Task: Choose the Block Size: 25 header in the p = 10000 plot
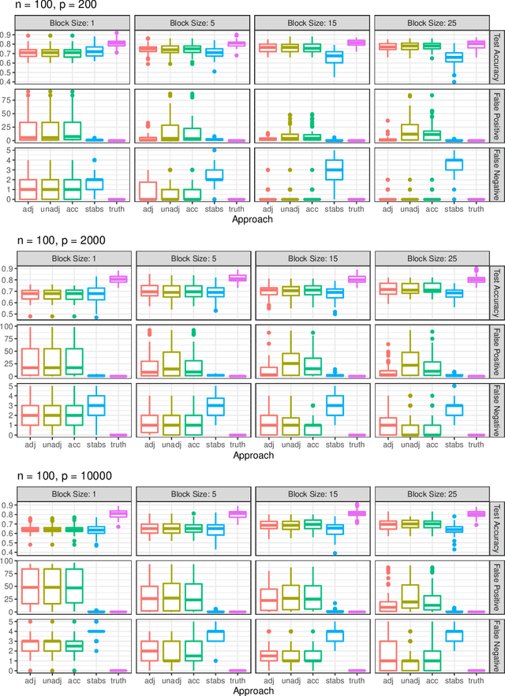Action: coord(431,490)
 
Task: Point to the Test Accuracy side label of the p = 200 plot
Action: coord(495,56)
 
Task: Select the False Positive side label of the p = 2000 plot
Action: coord(495,349)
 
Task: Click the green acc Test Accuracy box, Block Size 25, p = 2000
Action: coord(432,288)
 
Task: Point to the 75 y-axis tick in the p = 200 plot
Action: coord(11,100)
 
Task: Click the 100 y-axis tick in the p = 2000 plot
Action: coord(9,326)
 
